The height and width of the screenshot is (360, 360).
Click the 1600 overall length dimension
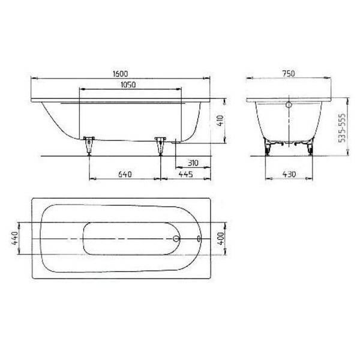click(x=121, y=74)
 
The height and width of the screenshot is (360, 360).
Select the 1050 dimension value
click(x=128, y=85)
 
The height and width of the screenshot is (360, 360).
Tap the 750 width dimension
click(x=289, y=74)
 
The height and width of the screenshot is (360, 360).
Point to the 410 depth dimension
click(x=220, y=121)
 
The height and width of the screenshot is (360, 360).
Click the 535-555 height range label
click(x=342, y=128)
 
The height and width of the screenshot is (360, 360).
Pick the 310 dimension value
click(x=193, y=163)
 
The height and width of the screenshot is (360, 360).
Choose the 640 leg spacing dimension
click(x=125, y=175)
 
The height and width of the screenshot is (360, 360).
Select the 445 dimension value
click(x=186, y=174)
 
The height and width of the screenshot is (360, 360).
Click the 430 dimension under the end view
click(x=289, y=174)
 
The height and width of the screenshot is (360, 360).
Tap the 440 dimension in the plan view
click(x=14, y=238)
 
